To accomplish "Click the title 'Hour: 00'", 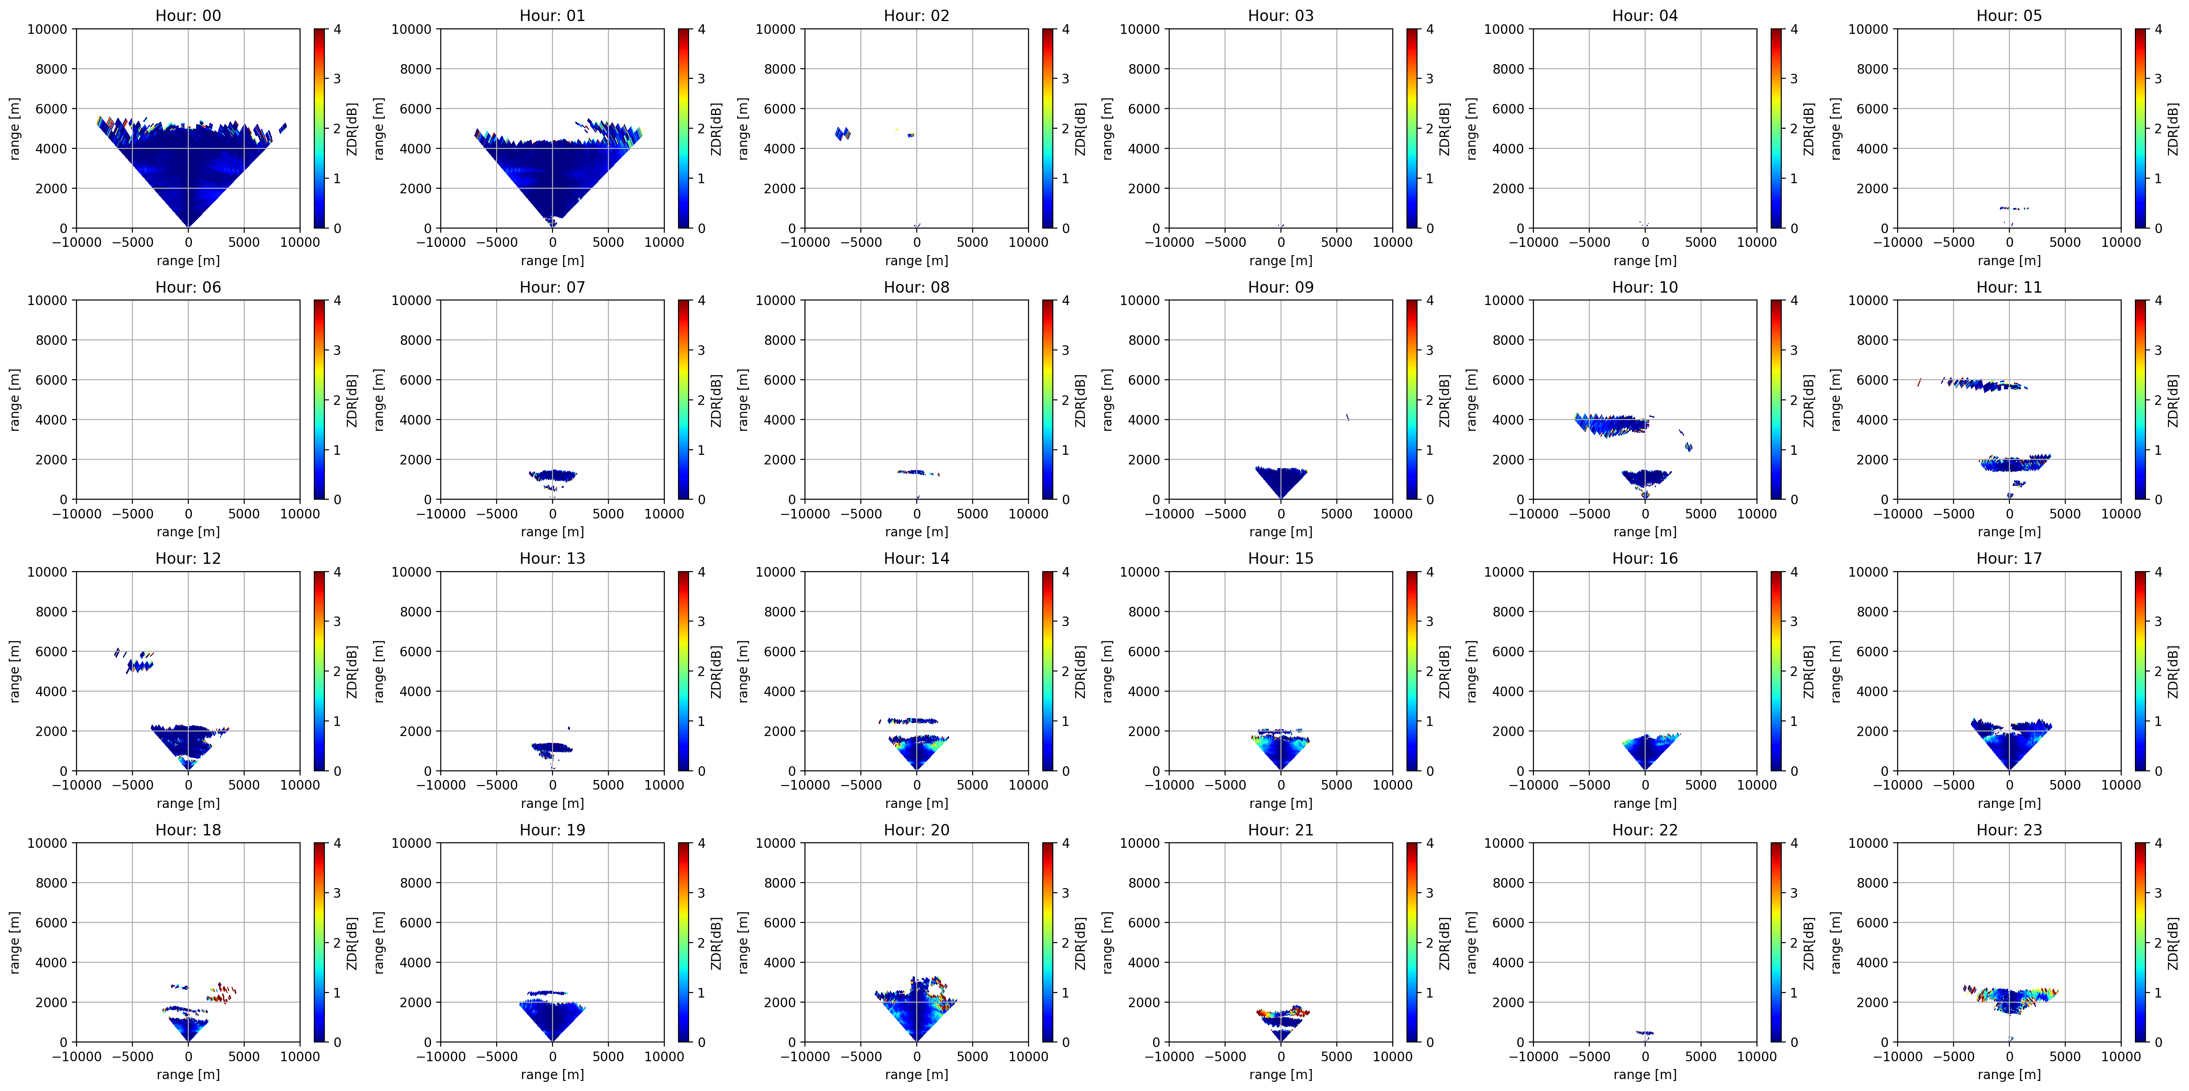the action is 188,15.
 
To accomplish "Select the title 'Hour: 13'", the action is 553,558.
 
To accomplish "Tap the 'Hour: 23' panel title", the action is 2009,829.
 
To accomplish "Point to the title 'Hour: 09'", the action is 1281,287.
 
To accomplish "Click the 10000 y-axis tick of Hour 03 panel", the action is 1139,29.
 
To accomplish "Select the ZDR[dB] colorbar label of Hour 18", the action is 352,943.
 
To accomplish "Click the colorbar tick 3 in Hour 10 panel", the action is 1794,350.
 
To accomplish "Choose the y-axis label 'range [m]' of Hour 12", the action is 15,671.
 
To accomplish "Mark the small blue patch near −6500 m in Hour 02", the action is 842,133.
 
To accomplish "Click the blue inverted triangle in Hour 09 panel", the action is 1281,480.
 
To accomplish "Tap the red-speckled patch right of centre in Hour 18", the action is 221,993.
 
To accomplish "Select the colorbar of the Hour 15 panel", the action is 1412,671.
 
